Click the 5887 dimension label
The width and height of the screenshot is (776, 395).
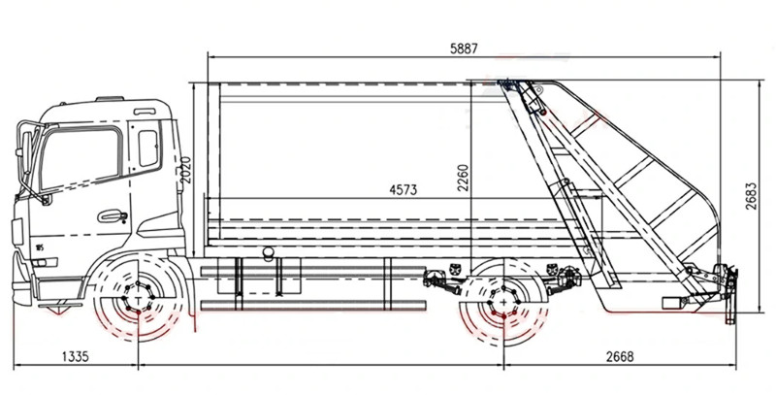[x=464, y=49]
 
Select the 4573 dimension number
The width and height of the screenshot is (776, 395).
[x=404, y=189]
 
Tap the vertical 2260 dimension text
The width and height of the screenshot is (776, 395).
[x=463, y=178]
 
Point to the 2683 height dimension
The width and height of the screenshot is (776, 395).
[x=751, y=196]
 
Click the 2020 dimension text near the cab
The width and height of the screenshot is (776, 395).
[x=185, y=170]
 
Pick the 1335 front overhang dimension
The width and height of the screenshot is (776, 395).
[x=76, y=356]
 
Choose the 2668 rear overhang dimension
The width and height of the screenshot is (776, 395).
[x=620, y=356]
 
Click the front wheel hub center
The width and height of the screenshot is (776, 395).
[x=138, y=299]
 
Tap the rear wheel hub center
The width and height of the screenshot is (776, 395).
[x=503, y=302]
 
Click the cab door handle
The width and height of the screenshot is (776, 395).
[x=113, y=215]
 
